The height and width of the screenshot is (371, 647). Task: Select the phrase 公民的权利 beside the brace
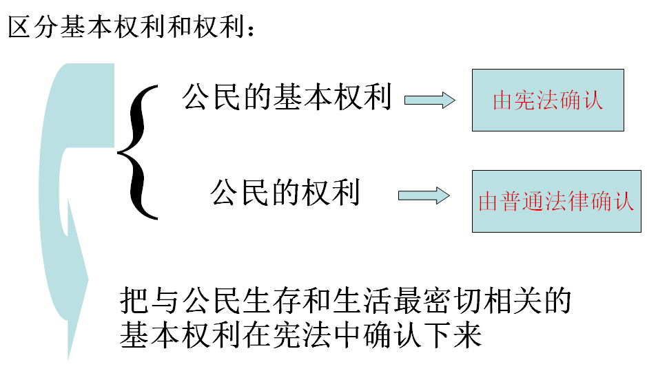pos(285,192)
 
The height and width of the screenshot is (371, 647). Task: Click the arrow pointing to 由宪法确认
pos(429,100)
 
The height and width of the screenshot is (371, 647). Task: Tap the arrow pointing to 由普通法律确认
pos(424,195)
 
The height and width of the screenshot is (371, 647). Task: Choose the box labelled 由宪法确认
pos(547,100)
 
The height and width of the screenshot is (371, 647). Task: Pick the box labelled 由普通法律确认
pos(556,201)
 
